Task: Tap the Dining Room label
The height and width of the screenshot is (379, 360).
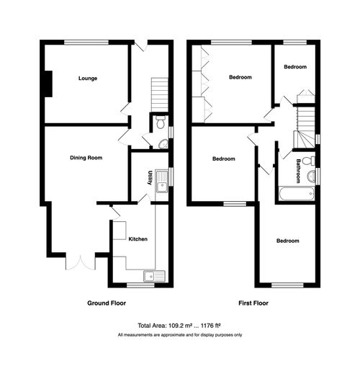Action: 87,158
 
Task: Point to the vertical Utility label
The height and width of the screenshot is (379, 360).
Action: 150,178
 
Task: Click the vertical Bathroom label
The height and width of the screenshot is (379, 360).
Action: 297,171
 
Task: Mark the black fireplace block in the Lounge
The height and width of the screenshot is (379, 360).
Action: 48,83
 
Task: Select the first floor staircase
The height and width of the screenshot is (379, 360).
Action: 307,118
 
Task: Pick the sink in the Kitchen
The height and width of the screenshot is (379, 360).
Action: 153,275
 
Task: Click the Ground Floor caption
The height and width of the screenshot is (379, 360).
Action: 107,303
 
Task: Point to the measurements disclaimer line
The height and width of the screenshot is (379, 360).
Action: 179,336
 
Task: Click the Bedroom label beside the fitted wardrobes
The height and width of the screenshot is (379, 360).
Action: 240,77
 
